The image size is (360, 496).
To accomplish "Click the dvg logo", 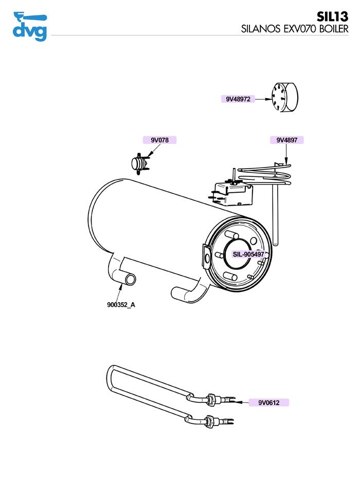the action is (x=30, y=27).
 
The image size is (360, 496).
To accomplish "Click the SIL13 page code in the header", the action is (x=332, y=16).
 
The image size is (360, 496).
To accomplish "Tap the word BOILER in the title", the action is (x=334, y=29).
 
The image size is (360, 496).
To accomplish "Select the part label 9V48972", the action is (x=238, y=99).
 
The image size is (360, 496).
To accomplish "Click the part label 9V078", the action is (x=159, y=140).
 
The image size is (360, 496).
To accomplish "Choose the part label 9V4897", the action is (x=287, y=140).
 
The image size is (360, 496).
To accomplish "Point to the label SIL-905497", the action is (x=248, y=254).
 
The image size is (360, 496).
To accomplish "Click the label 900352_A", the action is (x=121, y=305).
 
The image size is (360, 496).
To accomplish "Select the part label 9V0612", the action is (x=269, y=402).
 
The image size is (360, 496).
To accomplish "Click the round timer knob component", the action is (x=284, y=98).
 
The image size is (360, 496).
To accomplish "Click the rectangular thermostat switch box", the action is (x=232, y=193).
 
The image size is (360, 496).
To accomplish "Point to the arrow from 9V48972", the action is (x=263, y=99).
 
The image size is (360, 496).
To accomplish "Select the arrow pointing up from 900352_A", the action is (x=120, y=291).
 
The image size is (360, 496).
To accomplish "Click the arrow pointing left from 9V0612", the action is (x=241, y=402).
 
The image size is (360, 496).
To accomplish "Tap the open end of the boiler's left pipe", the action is (x=130, y=279).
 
